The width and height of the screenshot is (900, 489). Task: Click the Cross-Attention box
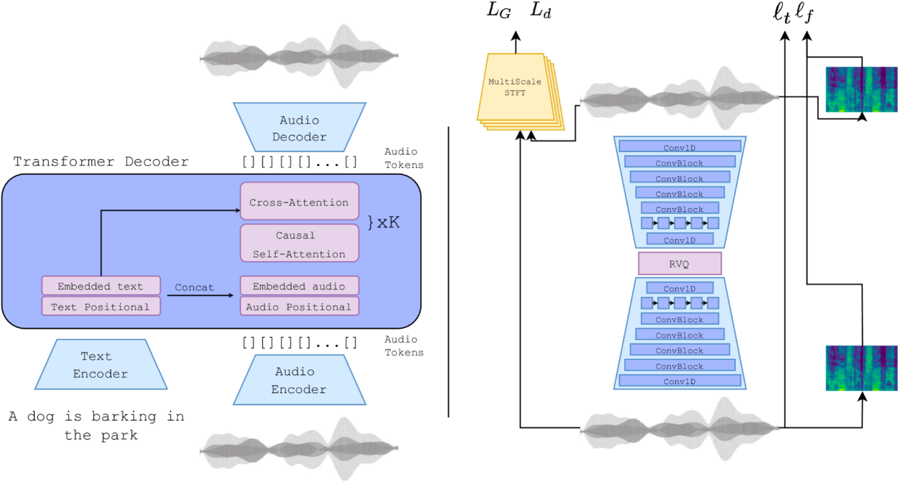click(x=300, y=201)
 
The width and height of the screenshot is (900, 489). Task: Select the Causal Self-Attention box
click(x=300, y=243)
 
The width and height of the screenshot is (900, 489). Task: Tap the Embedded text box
click(x=101, y=286)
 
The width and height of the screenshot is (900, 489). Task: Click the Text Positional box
click(x=101, y=306)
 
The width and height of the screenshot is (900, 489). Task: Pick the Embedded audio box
click(x=300, y=286)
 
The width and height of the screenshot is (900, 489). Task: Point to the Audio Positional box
click(x=300, y=306)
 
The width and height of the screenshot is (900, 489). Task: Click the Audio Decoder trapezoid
click(x=300, y=127)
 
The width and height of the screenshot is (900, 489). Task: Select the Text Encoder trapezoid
click(x=101, y=364)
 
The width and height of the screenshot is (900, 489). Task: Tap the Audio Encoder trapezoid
click(x=300, y=380)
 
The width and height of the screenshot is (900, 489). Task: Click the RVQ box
click(x=679, y=263)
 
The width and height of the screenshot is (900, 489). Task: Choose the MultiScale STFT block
click(x=520, y=91)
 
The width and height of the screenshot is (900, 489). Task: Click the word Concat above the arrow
click(x=194, y=287)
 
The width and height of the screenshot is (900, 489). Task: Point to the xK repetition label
click(x=384, y=222)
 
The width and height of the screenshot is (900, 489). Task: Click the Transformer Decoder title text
click(x=101, y=161)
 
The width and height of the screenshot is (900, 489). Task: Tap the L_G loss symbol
click(x=499, y=10)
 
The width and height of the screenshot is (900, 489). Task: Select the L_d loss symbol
click(x=541, y=10)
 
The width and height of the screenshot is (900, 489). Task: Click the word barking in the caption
click(x=123, y=417)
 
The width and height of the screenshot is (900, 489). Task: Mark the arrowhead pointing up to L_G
click(x=516, y=36)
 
